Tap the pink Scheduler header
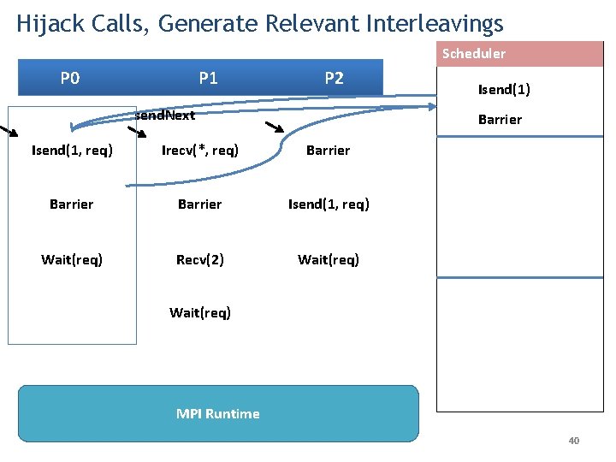[x=473, y=54]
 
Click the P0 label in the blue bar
[x=70, y=79]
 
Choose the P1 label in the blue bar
[x=208, y=79]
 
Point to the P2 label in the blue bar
[x=334, y=79]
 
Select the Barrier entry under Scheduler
[x=500, y=120]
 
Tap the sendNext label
[x=166, y=115]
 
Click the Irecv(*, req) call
[x=200, y=151]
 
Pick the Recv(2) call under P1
[x=200, y=259]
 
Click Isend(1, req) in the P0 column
[x=72, y=151]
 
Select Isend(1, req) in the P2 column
[x=329, y=204]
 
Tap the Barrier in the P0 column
[x=72, y=204]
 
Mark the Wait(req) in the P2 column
[x=329, y=259]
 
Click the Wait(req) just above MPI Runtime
[x=200, y=312]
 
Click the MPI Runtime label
[x=217, y=413]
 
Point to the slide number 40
[x=573, y=441]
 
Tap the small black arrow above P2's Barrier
[x=275, y=129]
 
